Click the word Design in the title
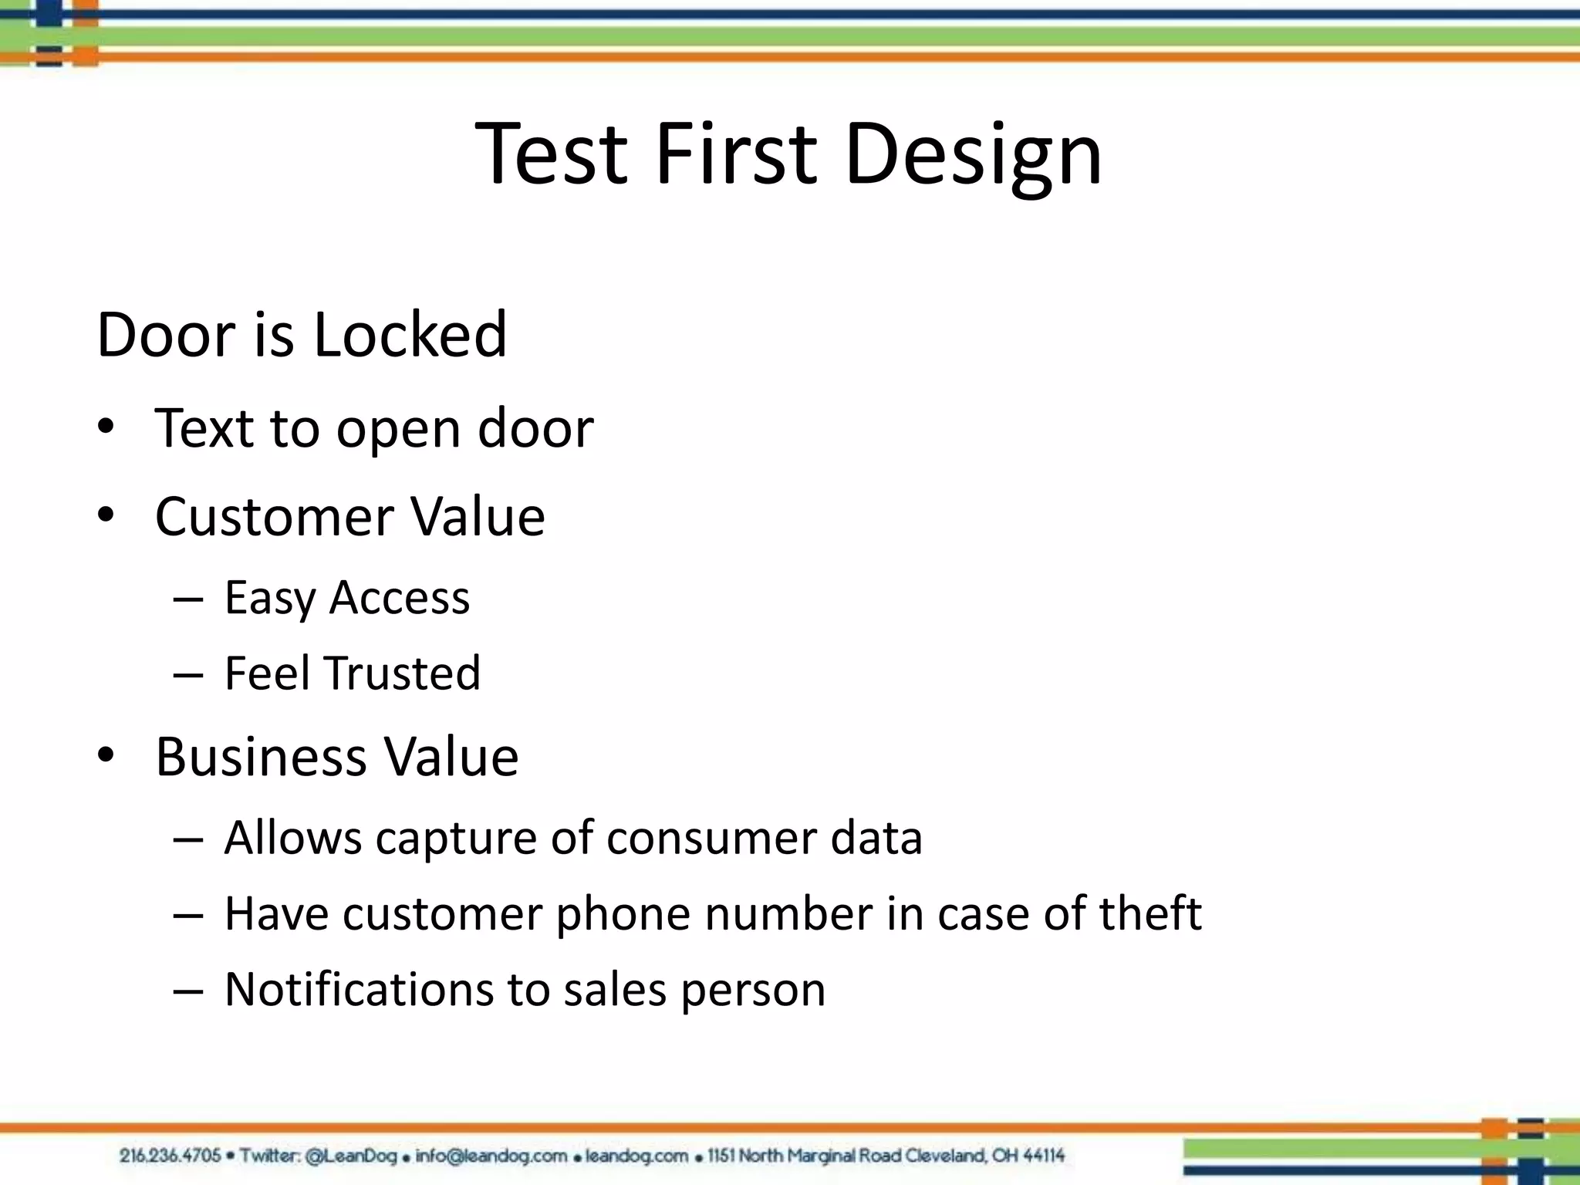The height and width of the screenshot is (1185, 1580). pyautogui.click(x=974, y=154)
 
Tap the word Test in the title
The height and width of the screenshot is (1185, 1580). pyautogui.click(x=551, y=154)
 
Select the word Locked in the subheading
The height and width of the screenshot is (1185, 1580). pyautogui.click(x=410, y=334)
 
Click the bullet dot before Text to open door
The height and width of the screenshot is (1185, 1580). pyautogui.click(x=106, y=427)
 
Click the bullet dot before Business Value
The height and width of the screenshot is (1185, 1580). pyautogui.click(x=106, y=755)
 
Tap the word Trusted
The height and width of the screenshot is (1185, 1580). pyautogui.click(x=402, y=673)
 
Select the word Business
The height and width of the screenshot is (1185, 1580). pyautogui.click(x=261, y=756)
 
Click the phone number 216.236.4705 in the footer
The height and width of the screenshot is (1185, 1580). pyautogui.click(x=170, y=1156)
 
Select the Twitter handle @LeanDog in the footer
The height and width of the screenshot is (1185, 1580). pyautogui.click(x=351, y=1156)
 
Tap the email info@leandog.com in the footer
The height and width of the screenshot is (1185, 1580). pyautogui.click(x=491, y=1156)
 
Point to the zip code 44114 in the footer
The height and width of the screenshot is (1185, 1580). pyautogui.click(x=1044, y=1156)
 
